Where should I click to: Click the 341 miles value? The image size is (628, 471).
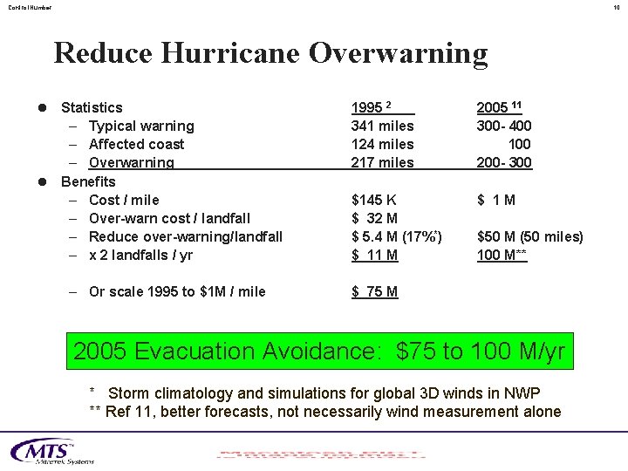point(382,126)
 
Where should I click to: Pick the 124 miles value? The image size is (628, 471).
point(382,144)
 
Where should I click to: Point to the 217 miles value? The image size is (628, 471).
point(382,162)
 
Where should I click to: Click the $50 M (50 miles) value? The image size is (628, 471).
point(530,236)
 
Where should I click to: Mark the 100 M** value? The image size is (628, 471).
point(502,255)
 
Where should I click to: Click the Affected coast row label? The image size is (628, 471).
point(136,144)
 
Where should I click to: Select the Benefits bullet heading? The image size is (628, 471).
point(87,181)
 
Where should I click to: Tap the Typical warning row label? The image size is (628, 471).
point(141,126)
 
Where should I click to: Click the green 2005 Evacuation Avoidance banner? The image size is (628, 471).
point(319,352)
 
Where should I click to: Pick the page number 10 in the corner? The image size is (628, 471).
point(616,8)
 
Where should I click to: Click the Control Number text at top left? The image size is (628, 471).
point(31,8)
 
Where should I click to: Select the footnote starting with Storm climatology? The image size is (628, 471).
point(323,392)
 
